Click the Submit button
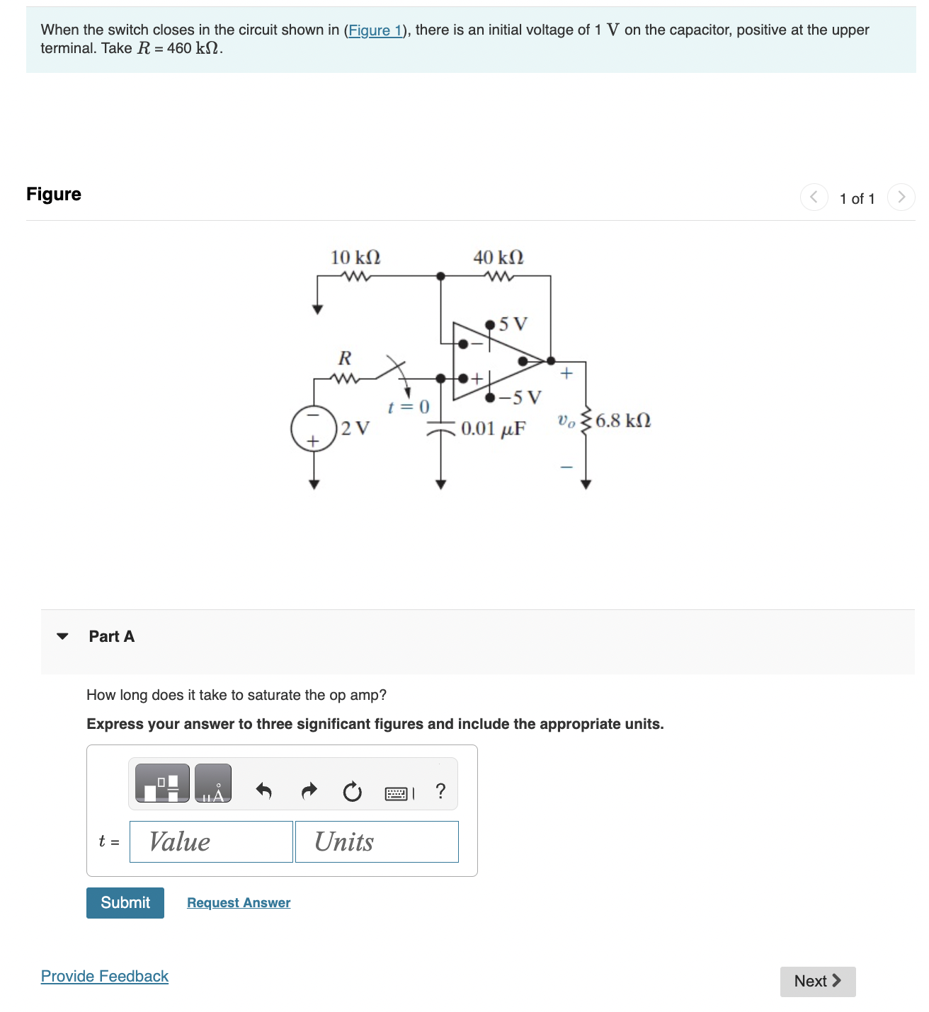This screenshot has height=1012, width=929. point(125,902)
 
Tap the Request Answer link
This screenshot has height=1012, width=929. point(239,902)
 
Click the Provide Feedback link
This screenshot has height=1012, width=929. point(105,976)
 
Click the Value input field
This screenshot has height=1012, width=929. point(211,841)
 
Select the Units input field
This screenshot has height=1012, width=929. point(377,841)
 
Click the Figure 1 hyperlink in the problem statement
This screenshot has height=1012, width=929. point(375,30)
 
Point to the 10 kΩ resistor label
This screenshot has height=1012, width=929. point(355,258)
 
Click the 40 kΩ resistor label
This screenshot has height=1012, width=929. point(498,258)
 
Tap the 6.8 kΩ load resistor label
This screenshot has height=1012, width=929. point(623,421)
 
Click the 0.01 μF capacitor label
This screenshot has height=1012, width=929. point(493,429)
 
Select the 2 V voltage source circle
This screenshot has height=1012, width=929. point(314,429)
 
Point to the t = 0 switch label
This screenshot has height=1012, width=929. point(409,407)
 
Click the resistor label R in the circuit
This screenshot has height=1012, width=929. point(345,358)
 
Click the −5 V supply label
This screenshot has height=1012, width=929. point(520,397)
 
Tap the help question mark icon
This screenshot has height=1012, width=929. point(440,790)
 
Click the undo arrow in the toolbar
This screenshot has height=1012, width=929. point(263,790)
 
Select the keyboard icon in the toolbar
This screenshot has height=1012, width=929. point(397,793)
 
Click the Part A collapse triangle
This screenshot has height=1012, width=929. point(62,636)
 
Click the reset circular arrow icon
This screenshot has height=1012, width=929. point(352,791)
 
